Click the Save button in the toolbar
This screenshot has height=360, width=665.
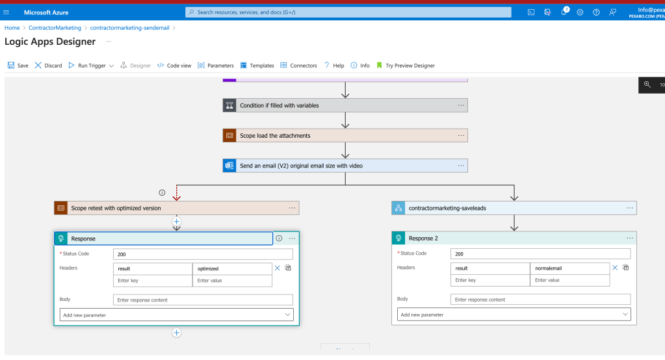coord(18,65)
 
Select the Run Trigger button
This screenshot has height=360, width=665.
coord(87,65)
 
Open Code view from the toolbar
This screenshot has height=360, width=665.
coord(174,65)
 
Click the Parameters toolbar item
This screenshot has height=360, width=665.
coord(215,65)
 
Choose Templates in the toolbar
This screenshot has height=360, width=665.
coord(257,65)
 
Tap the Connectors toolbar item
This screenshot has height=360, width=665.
coord(298,65)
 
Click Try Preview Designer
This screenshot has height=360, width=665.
coord(406,65)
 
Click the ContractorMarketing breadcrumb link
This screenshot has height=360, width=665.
coord(55,27)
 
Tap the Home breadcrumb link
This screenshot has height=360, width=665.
coord(12,27)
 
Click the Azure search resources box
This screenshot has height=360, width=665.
coord(348,12)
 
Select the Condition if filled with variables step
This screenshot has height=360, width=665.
coord(345,105)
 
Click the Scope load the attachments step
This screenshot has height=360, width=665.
coord(345,136)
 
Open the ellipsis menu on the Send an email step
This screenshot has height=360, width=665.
coord(461,166)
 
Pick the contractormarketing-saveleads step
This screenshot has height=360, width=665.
coord(514,208)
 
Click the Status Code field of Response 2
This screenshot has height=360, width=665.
coord(540,254)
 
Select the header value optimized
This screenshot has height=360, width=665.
coord(232,268)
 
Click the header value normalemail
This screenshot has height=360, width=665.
coord(569,268)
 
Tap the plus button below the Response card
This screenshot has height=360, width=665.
coord(176,333)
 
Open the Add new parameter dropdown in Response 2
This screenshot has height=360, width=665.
coord(514,315)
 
